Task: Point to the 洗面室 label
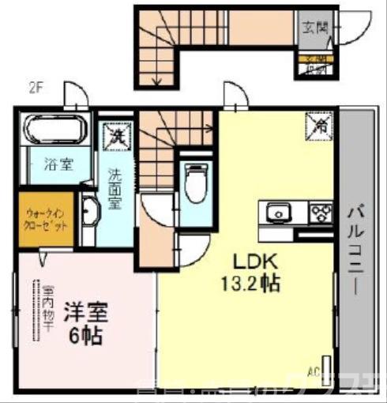115,190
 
